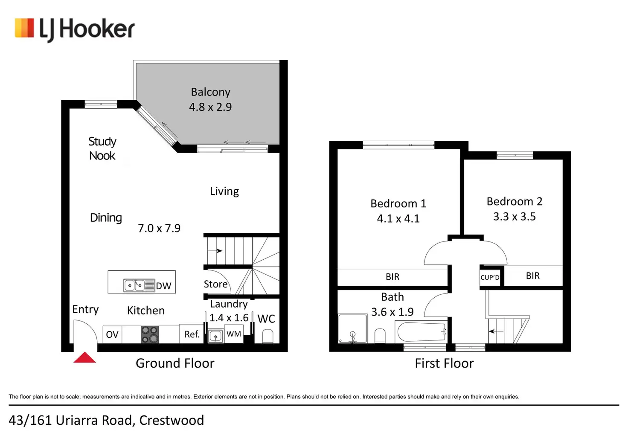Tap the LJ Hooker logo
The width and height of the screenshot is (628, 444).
(75, 29)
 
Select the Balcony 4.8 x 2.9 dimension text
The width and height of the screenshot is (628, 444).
(210, 107)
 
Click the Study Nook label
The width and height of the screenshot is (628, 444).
(102, 148)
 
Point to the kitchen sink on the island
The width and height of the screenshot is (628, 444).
(134, 285)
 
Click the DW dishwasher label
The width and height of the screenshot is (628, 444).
(163, 286)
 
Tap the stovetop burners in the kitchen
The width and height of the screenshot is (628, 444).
(150, 335)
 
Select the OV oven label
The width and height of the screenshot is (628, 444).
(112, 335)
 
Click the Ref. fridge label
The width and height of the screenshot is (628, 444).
(192, 334)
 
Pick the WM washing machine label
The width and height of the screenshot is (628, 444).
(234, 334)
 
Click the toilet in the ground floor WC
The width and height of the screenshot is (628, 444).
(267, 337)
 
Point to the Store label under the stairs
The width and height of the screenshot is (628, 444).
(215, 284)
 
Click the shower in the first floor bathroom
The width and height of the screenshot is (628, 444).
(352, 329)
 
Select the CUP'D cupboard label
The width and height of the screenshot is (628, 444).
(490, 277)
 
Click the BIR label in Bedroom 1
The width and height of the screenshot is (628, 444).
(392, 277)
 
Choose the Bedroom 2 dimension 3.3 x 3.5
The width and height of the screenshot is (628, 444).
(515, 217)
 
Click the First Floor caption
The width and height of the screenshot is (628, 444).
(444, 363)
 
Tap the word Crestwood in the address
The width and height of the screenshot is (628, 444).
(172, 421)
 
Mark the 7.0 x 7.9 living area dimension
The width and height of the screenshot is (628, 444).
(159, 229)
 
